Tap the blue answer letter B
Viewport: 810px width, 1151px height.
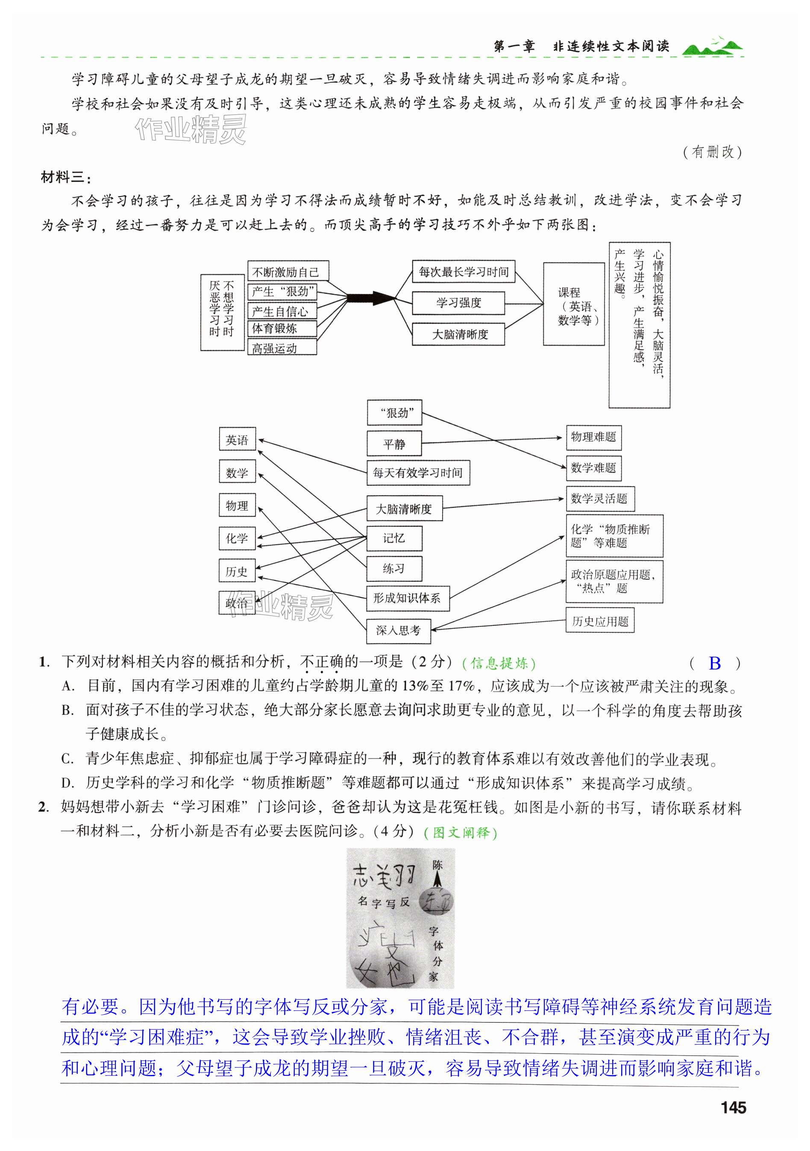[x=715, y=663]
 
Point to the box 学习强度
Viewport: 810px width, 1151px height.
[x=458, y=303]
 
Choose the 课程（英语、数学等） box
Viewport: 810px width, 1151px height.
[x=573, y=304]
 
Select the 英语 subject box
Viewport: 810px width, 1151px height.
[x=237, y=440]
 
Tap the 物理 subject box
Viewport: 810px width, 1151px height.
[x=237, y=505]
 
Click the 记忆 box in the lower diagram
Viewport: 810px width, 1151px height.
[x=394, y=538]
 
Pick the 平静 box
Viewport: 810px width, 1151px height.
[x=394, y=443]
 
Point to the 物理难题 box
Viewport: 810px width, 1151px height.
[x=593, y=437]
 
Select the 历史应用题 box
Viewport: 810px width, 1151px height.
[x=600, y=621]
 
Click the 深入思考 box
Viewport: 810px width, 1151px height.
[x=399, y=631]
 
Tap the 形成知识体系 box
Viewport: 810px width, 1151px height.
[x=408, y=598]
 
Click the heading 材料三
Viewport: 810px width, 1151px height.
[x=66, y=177]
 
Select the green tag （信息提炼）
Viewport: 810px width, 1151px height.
[x=499, y=664]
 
